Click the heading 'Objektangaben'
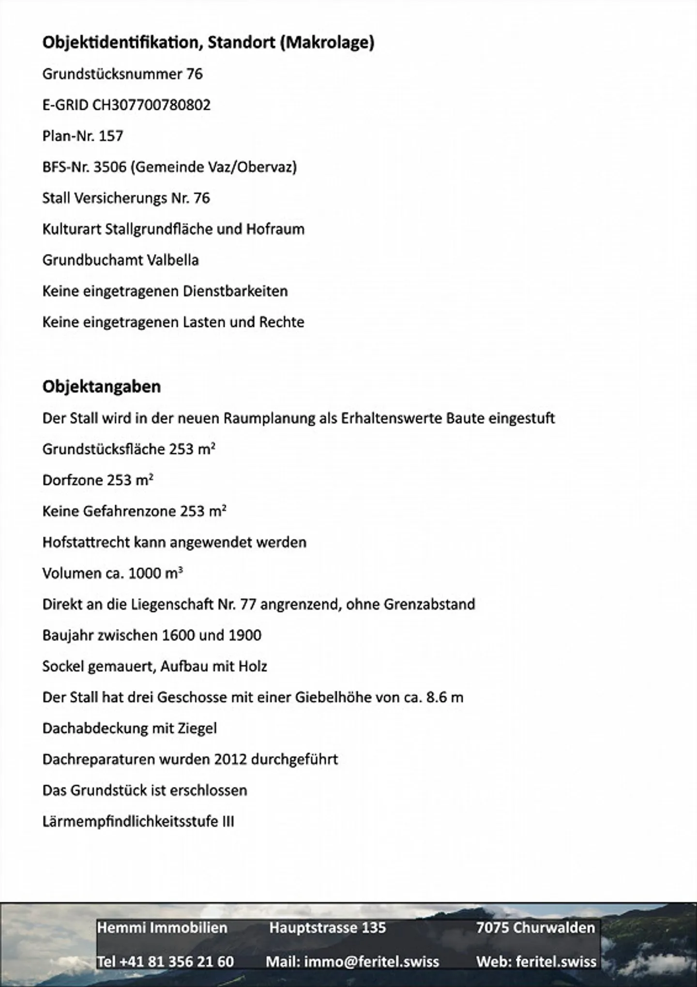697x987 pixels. (102, 387)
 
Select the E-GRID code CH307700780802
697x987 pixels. (151, 105)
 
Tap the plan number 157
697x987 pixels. (111, 136)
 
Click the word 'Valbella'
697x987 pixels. (173, 260)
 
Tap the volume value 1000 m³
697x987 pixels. (156, 573)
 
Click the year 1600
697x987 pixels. (179, 635)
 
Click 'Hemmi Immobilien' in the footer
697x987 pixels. (162, 927)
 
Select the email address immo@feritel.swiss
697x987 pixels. (371, 961)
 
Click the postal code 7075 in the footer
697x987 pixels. (492, 927)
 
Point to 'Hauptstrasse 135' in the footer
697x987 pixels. (328, 927)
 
